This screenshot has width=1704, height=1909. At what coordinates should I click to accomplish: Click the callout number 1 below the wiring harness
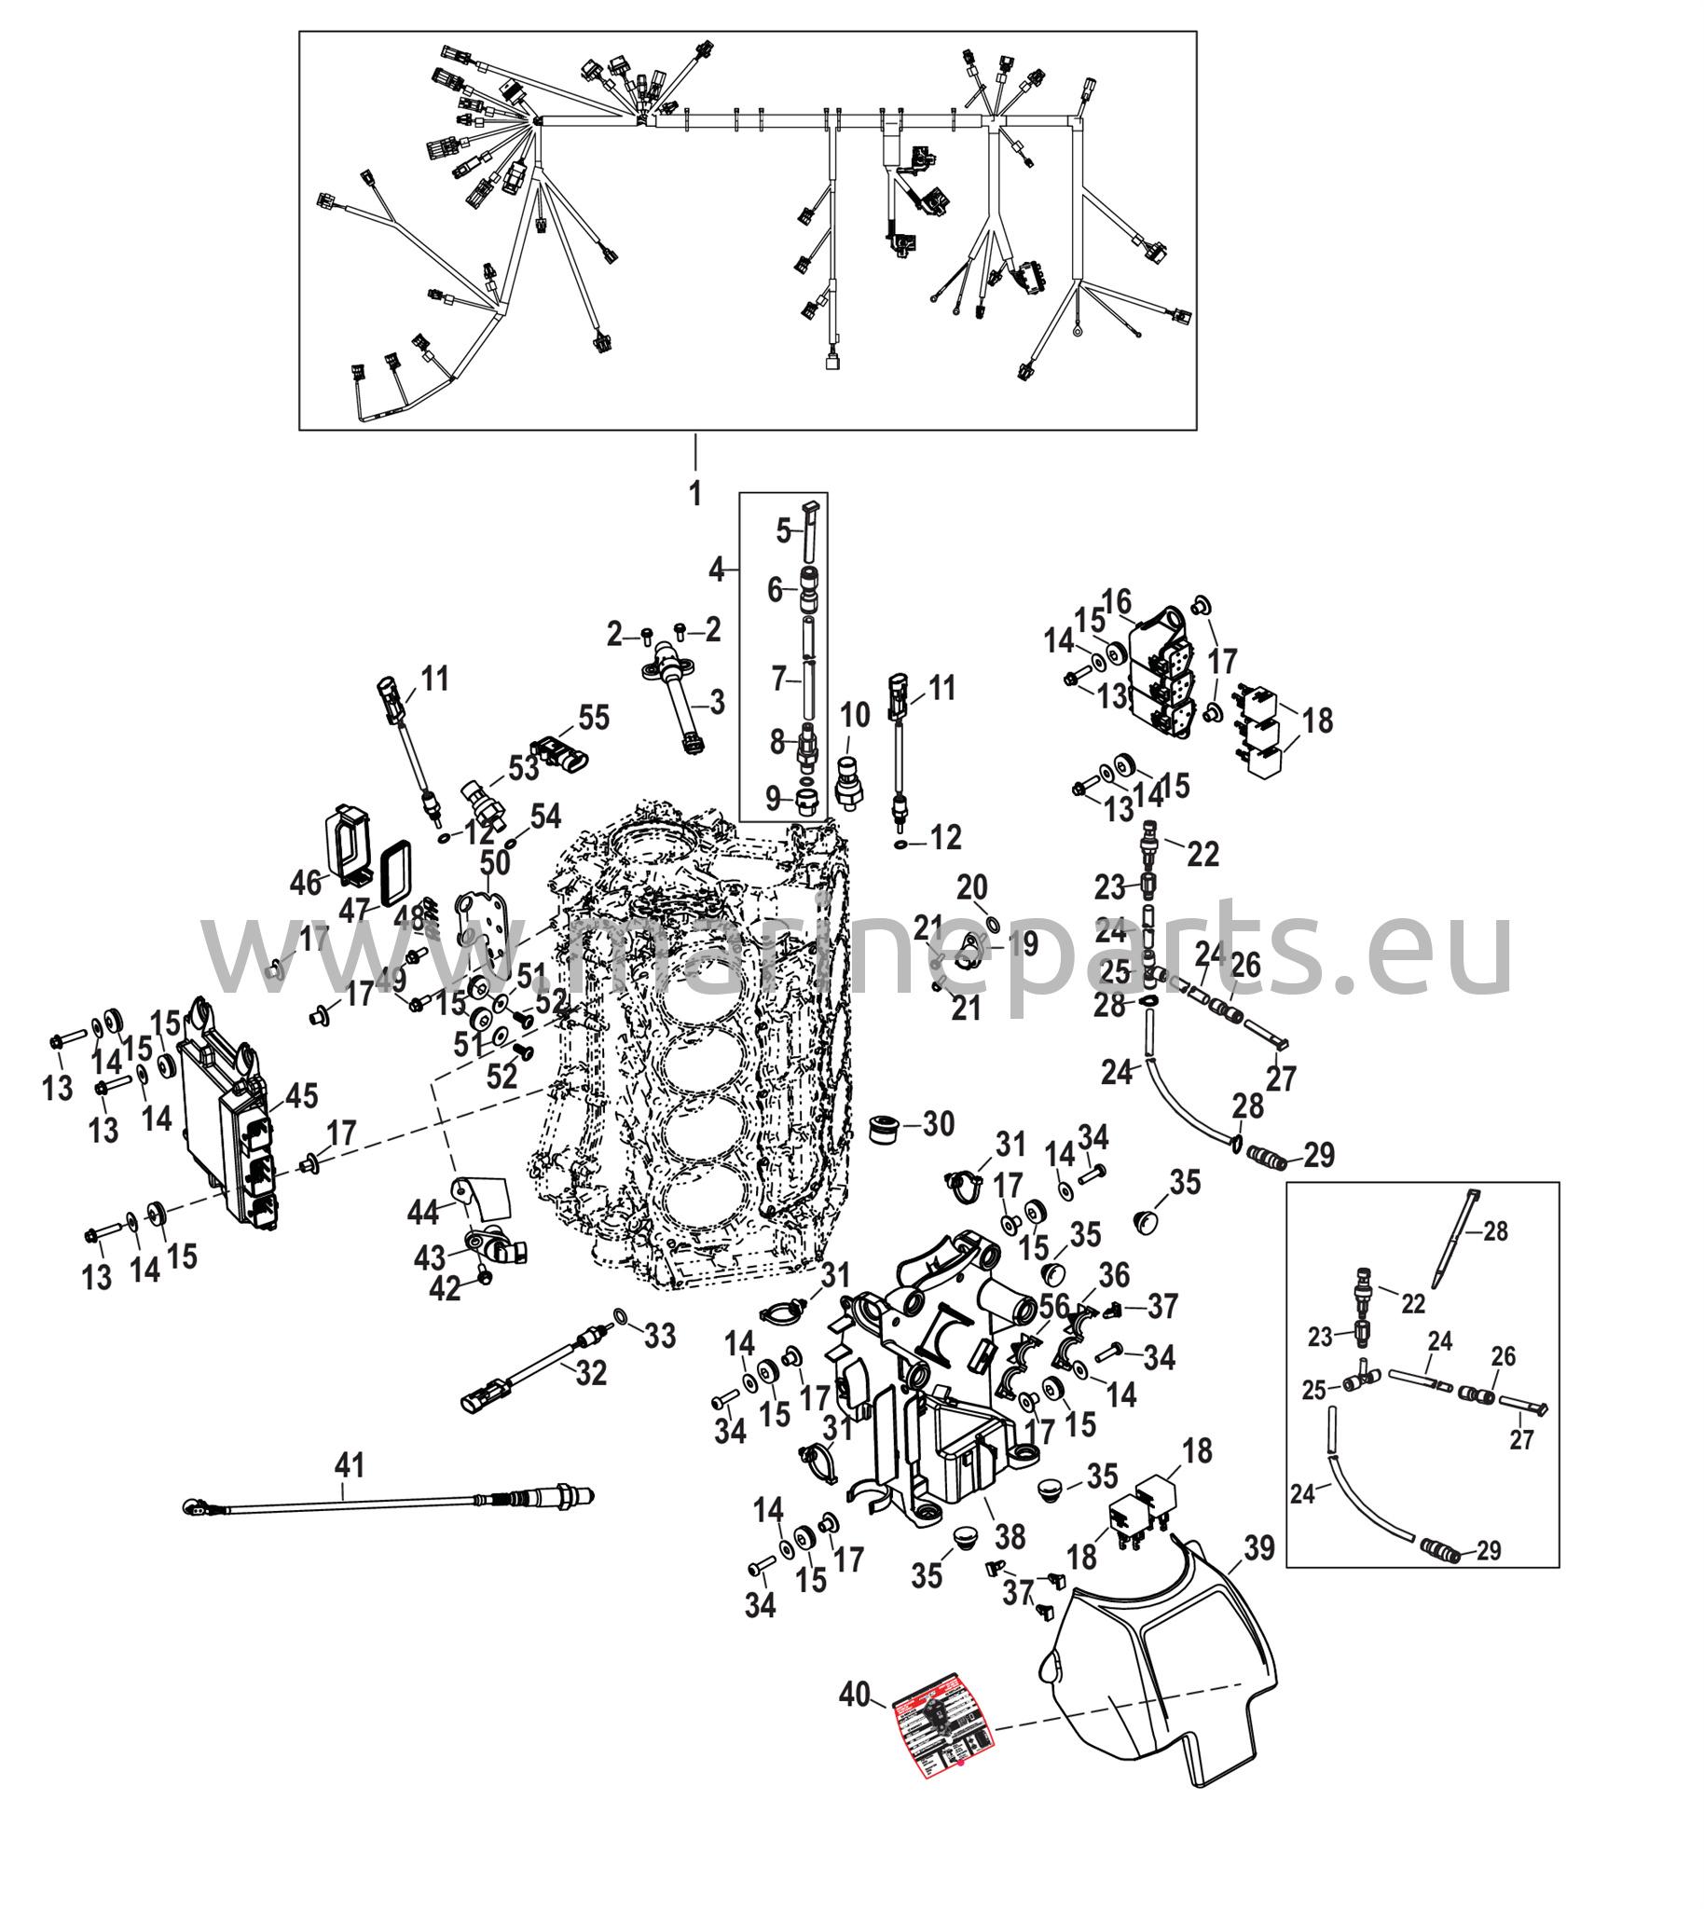pos(694,493)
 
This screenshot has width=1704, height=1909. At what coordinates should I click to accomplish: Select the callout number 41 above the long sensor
pos(350,1464)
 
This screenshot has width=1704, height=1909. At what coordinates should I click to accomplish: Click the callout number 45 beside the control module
pos(301,1096)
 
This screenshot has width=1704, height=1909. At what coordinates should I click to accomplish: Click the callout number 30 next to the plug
pos(938,1123)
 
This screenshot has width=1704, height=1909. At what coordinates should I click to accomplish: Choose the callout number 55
pos(594,718)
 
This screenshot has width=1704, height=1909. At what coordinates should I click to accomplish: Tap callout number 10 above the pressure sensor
pos(854,715)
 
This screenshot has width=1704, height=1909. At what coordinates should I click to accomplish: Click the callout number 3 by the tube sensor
pos(717,702)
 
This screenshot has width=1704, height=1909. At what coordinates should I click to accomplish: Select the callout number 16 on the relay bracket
pos(1117,601)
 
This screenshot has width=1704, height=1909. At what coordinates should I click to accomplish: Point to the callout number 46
pos(305,882)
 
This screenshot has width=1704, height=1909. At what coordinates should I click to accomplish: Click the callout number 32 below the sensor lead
pos(591,1373)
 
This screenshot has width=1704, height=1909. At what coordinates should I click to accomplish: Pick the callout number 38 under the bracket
pos(1010,1536)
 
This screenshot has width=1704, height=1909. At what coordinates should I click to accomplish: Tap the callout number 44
pos(422,1214)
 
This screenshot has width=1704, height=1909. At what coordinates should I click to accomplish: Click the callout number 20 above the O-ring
pos(972,886)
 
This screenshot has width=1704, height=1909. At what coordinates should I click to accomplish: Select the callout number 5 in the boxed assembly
pos(784,531)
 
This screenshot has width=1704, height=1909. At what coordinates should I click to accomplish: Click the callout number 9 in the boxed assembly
pos(773,798)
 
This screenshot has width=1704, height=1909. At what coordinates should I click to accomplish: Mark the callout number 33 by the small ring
pos(660,1336)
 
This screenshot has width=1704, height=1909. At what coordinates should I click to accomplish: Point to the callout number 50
pos(495,862)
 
